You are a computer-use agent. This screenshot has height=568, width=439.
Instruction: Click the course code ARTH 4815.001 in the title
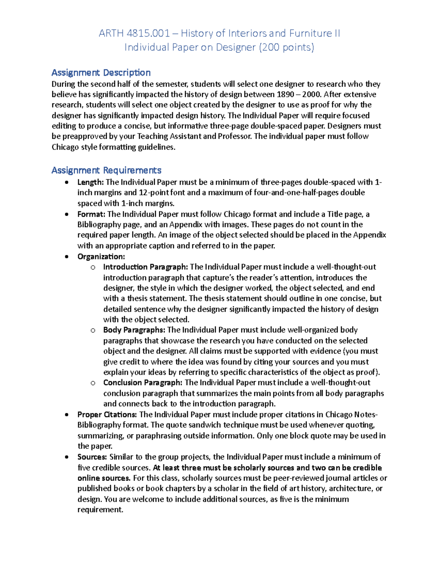coord(134,34)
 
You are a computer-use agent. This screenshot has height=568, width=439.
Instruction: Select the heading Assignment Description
coord(101,72)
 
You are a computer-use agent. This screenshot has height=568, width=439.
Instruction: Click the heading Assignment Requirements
coord(106,170)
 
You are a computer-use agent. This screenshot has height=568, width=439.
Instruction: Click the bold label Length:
coord(90,182)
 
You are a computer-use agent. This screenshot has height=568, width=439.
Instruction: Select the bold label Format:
coord(91,214)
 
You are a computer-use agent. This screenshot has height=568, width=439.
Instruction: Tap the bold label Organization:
coord(101,256)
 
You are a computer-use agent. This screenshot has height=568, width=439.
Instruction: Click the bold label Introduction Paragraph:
coord(145,267)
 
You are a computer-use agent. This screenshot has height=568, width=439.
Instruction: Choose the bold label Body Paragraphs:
coord(134,330)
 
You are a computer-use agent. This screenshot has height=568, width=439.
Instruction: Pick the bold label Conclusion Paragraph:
coord(142,383)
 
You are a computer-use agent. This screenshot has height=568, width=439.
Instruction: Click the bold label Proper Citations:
coord(107,414)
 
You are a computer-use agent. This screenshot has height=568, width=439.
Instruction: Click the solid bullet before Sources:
coord(66,457)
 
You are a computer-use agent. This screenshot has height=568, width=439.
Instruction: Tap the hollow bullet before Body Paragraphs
coord(93,330)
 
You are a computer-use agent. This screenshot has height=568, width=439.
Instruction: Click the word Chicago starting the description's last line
coord(65,147)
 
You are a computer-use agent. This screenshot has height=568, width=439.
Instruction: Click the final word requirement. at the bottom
coord(100,509)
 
